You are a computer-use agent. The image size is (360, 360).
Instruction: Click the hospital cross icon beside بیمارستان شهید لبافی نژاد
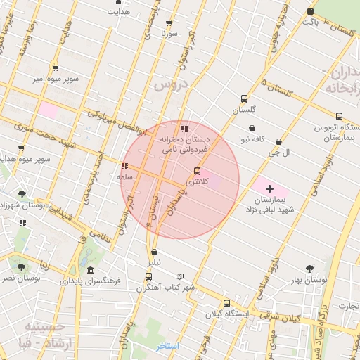click(269, 189)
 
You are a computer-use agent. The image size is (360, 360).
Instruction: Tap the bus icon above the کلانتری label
click(196, 171)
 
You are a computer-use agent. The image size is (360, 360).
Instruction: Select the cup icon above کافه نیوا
click(251, 129)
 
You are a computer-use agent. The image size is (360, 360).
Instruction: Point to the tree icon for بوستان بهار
click(309, 268)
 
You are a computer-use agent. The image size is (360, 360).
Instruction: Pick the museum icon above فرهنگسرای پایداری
click(90, 271)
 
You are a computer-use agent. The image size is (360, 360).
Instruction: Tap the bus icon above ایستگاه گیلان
click(226, 303)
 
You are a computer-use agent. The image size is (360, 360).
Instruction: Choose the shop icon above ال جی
click(279, 141)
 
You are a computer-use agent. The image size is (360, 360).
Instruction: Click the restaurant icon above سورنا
click(167, 22)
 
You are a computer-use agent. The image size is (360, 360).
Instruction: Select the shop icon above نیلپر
click(154, 252)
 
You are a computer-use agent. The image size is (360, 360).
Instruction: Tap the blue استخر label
click(169, 346)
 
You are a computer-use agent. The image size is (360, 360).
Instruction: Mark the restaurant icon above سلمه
click(124, 167)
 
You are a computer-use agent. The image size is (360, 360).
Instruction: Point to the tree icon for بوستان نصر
click(21, 267)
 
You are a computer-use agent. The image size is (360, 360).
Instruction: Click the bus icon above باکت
click(311, 11)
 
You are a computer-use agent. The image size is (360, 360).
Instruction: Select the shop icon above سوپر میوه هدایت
click(21, 148)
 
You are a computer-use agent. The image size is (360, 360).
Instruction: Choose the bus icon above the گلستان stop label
click(243, 99)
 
